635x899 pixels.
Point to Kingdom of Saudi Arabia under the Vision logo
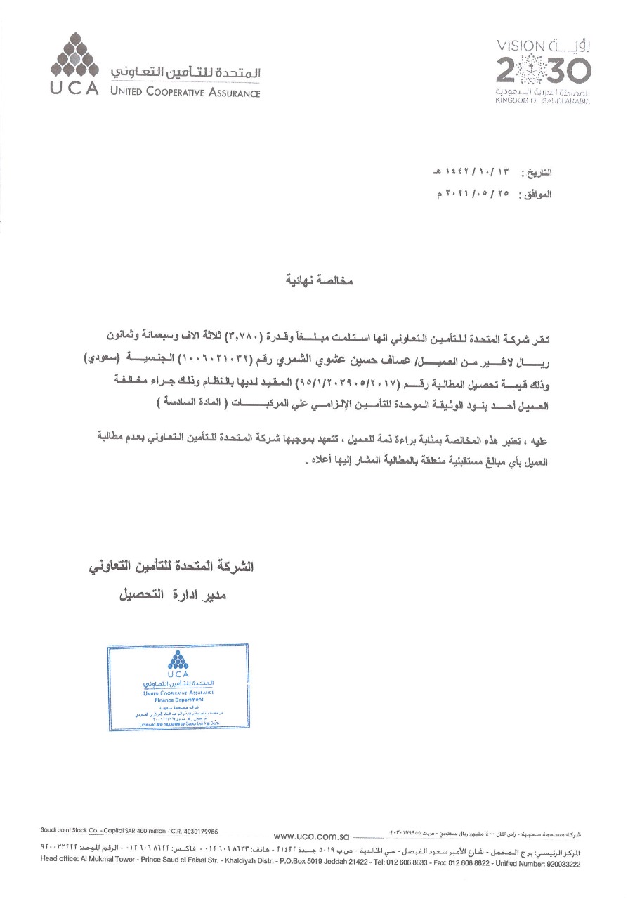click(543, 101)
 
